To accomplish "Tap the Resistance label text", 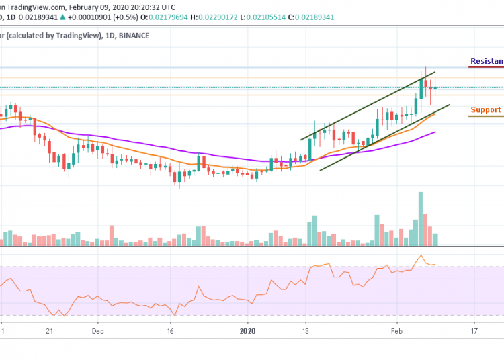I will tap(487, 61).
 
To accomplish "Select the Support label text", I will tap(485, 109).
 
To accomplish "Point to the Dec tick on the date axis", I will tap(97, 331).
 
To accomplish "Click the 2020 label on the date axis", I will tap(248, 331).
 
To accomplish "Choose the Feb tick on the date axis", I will tap(396, 331).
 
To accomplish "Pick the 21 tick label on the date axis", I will tap(49, 331).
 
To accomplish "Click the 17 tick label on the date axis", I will tap(474, 331).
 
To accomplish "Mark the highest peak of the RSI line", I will tap(421, 255).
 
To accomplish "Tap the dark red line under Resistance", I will tap(486, 68).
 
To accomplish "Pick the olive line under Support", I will tap(486, 116).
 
